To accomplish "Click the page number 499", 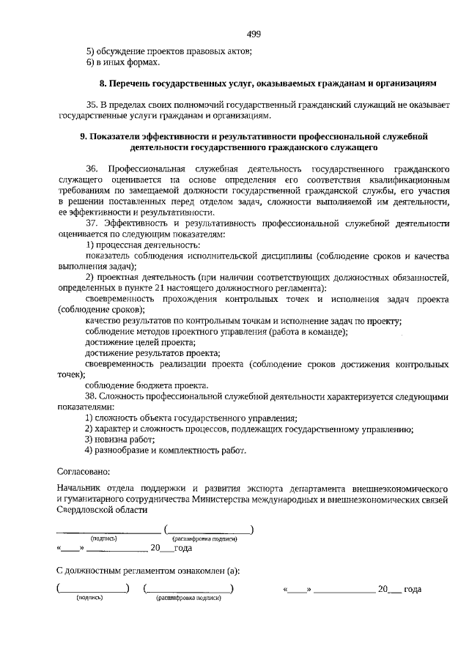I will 254,34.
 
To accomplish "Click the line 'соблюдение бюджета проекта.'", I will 147,385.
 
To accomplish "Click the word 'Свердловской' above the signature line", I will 87,510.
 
